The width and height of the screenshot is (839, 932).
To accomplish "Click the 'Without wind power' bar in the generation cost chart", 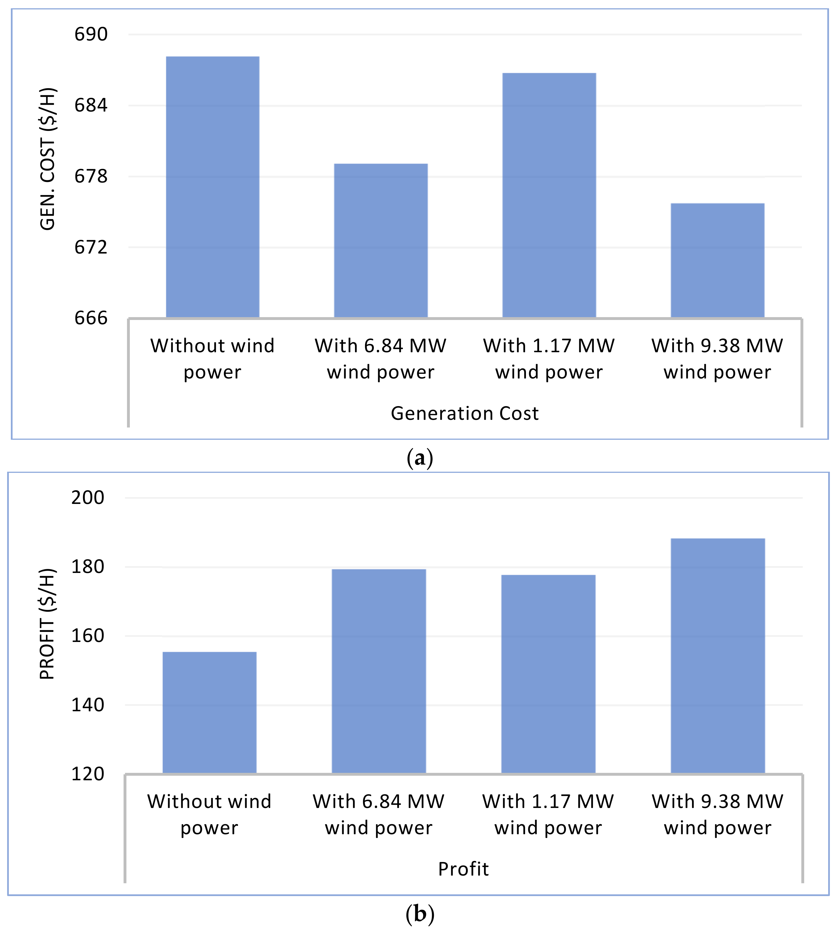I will tap(213, 187).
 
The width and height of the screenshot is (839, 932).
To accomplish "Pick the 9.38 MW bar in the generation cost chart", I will tap(717, 260).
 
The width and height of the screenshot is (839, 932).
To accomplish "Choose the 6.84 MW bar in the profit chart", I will tap(379, 671).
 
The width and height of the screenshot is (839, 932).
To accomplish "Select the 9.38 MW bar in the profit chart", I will tap(718, 656).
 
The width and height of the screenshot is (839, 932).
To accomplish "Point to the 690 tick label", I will tap(91, 35).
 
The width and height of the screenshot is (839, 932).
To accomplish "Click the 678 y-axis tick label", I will tap(91, 177).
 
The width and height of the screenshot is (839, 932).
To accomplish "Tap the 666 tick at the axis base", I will tap(91, 318).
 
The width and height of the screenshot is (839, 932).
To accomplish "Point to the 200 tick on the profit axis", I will tap(88, 498).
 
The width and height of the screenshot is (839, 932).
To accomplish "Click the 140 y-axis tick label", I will tap(88, 705).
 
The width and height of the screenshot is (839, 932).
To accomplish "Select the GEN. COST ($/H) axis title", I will tap(47, 159).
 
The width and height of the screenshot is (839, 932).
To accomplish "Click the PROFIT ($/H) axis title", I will tap(47, 624).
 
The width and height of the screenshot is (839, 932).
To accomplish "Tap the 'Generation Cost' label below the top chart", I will tap(465, 413).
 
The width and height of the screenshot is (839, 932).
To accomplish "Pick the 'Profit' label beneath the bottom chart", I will tap(463, 869).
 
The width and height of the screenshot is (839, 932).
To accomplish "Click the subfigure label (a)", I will tap(419, 458).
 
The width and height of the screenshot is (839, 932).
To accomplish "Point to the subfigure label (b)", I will tap(419, 913).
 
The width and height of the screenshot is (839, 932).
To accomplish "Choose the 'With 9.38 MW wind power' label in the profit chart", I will tap(717, 815).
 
